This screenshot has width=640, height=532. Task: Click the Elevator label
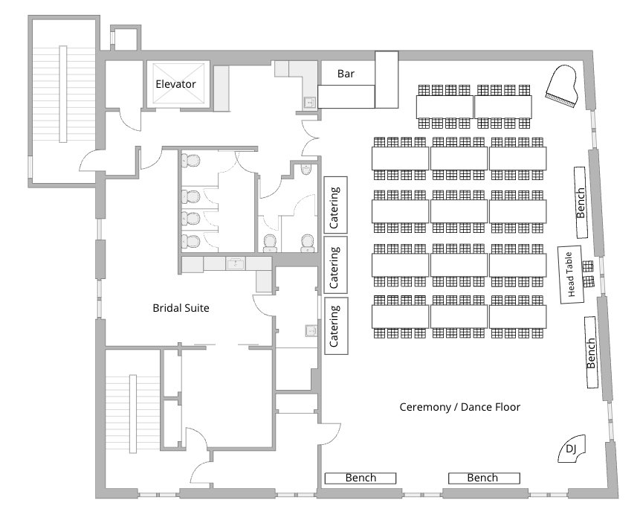(x=175, y=84)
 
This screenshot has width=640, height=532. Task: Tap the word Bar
(x=346, y=74)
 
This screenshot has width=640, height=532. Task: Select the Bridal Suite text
(x=181, y=307)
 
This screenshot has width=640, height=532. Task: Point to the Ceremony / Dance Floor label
(x=459, y=407)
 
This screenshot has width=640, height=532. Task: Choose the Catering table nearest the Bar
(x=335, y=204)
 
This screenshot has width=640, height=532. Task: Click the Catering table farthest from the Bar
(x=335, y=324)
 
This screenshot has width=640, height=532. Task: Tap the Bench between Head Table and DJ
(x=592, y=352)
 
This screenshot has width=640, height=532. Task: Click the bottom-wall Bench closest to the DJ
(x=482, y=478)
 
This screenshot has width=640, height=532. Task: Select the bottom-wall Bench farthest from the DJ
(x=360, y=478)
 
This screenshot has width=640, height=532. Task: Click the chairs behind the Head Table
(x=588, y=273)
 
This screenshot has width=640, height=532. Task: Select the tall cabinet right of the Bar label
(x=387, y=79)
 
